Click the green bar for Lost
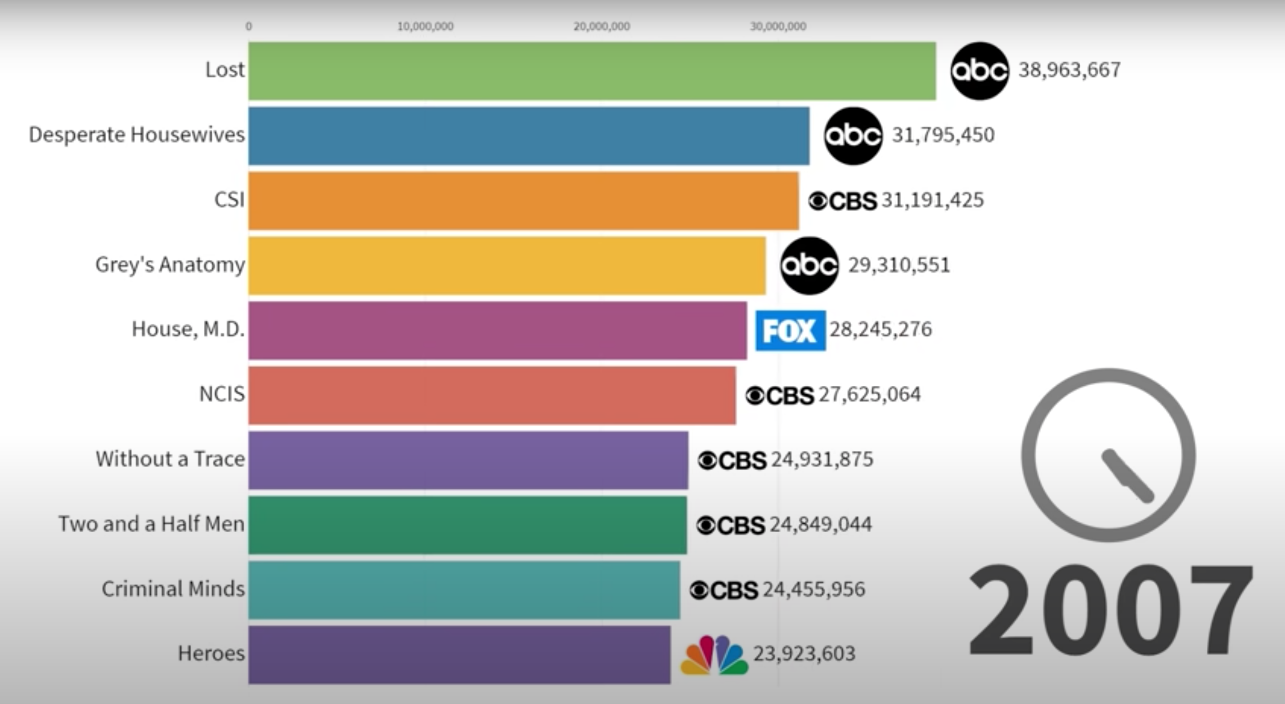[x=592, y=71]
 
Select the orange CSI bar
[x=523, y=201]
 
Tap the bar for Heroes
[x=459, y=655]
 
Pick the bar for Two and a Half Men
[x=467, y=525]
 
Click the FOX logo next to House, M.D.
[x=790, y=330]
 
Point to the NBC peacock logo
[x=714, y=655]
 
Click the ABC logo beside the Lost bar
[x=979, y=71]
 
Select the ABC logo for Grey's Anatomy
[x=809, y=265]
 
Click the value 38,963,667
[x=1069, y=70]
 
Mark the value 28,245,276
[x=881, y=330]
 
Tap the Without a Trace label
[x=170, y=459]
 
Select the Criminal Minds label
[x=173, y=589]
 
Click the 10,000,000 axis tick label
[x=425, y=27]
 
